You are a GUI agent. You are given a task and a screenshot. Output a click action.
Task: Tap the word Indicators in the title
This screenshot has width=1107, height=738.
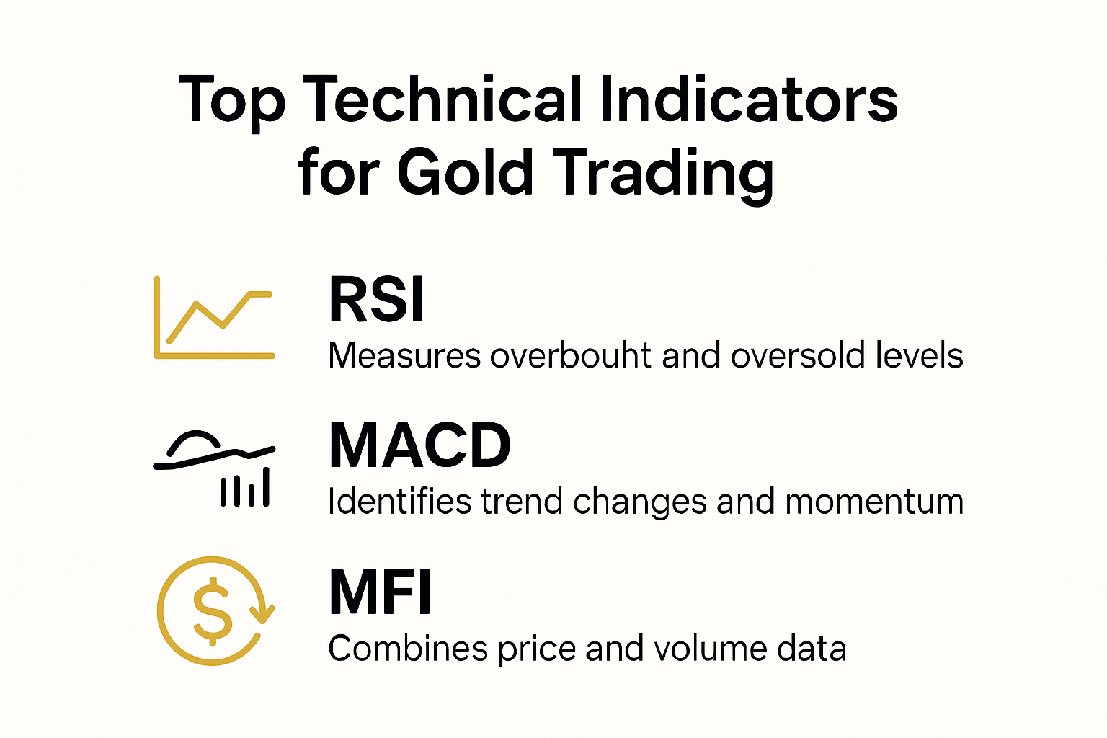(748, 101)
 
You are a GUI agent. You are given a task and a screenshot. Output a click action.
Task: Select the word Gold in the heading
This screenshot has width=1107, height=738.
(465, 173)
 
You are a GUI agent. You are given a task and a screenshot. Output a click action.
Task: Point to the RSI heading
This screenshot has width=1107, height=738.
(377, 300)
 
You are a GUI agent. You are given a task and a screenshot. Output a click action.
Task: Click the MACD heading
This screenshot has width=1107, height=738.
(420, 446)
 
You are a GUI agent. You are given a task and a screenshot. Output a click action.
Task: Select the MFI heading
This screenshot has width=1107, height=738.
(381, 592)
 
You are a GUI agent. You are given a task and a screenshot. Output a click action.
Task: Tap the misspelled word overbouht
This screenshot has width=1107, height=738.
(572, 356)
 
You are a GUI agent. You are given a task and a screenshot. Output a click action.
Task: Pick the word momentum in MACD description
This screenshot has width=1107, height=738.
(874, 502)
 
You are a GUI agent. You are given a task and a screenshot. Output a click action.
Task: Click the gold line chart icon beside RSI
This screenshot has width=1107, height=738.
(214, 318)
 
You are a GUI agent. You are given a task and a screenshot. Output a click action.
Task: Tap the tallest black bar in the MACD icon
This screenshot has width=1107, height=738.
(266, 486)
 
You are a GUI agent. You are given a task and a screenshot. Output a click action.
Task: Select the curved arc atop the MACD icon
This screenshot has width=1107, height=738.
(193, 441)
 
